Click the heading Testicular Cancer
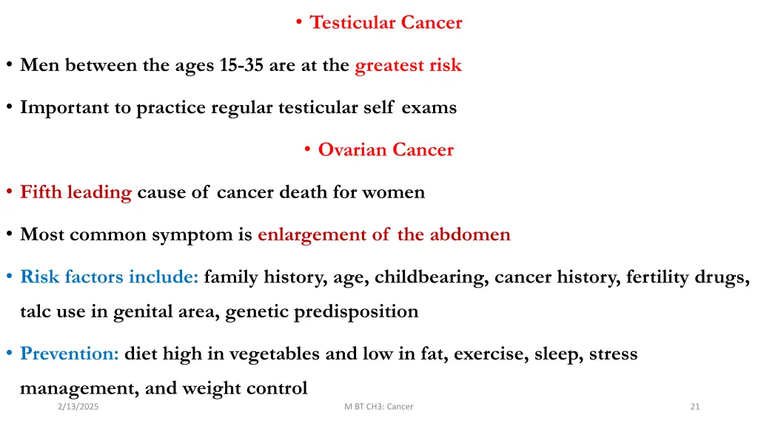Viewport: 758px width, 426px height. pos(386,23)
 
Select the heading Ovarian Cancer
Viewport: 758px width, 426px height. pos(386,150)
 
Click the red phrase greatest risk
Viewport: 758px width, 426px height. pos(408,66)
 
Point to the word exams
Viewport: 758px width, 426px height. pos(429,108)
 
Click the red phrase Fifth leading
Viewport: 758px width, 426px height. pos(76,193)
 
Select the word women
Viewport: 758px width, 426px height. pos(394,193)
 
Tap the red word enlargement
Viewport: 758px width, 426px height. pos(312,235)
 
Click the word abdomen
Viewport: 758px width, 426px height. pos(470,235)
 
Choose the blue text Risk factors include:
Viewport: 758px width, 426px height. pos(109,277)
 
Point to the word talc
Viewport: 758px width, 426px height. pos(36,311)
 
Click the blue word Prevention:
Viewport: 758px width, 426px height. pos(70,354)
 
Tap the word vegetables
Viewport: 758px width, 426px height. pos(275,354)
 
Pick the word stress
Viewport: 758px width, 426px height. pos(613,354)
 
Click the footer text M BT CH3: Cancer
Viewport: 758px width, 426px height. pos(379,407)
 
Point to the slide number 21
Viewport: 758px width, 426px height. pos(694,407)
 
